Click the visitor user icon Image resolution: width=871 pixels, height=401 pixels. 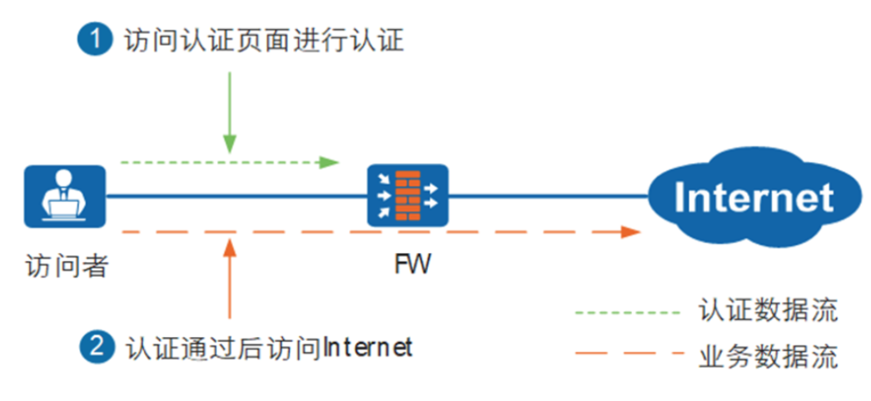64,196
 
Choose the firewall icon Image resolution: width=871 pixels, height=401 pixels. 407,196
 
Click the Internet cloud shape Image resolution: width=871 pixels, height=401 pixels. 753,196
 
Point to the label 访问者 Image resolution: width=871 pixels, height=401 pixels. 64,266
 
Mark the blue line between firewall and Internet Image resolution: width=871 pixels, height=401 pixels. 550,197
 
